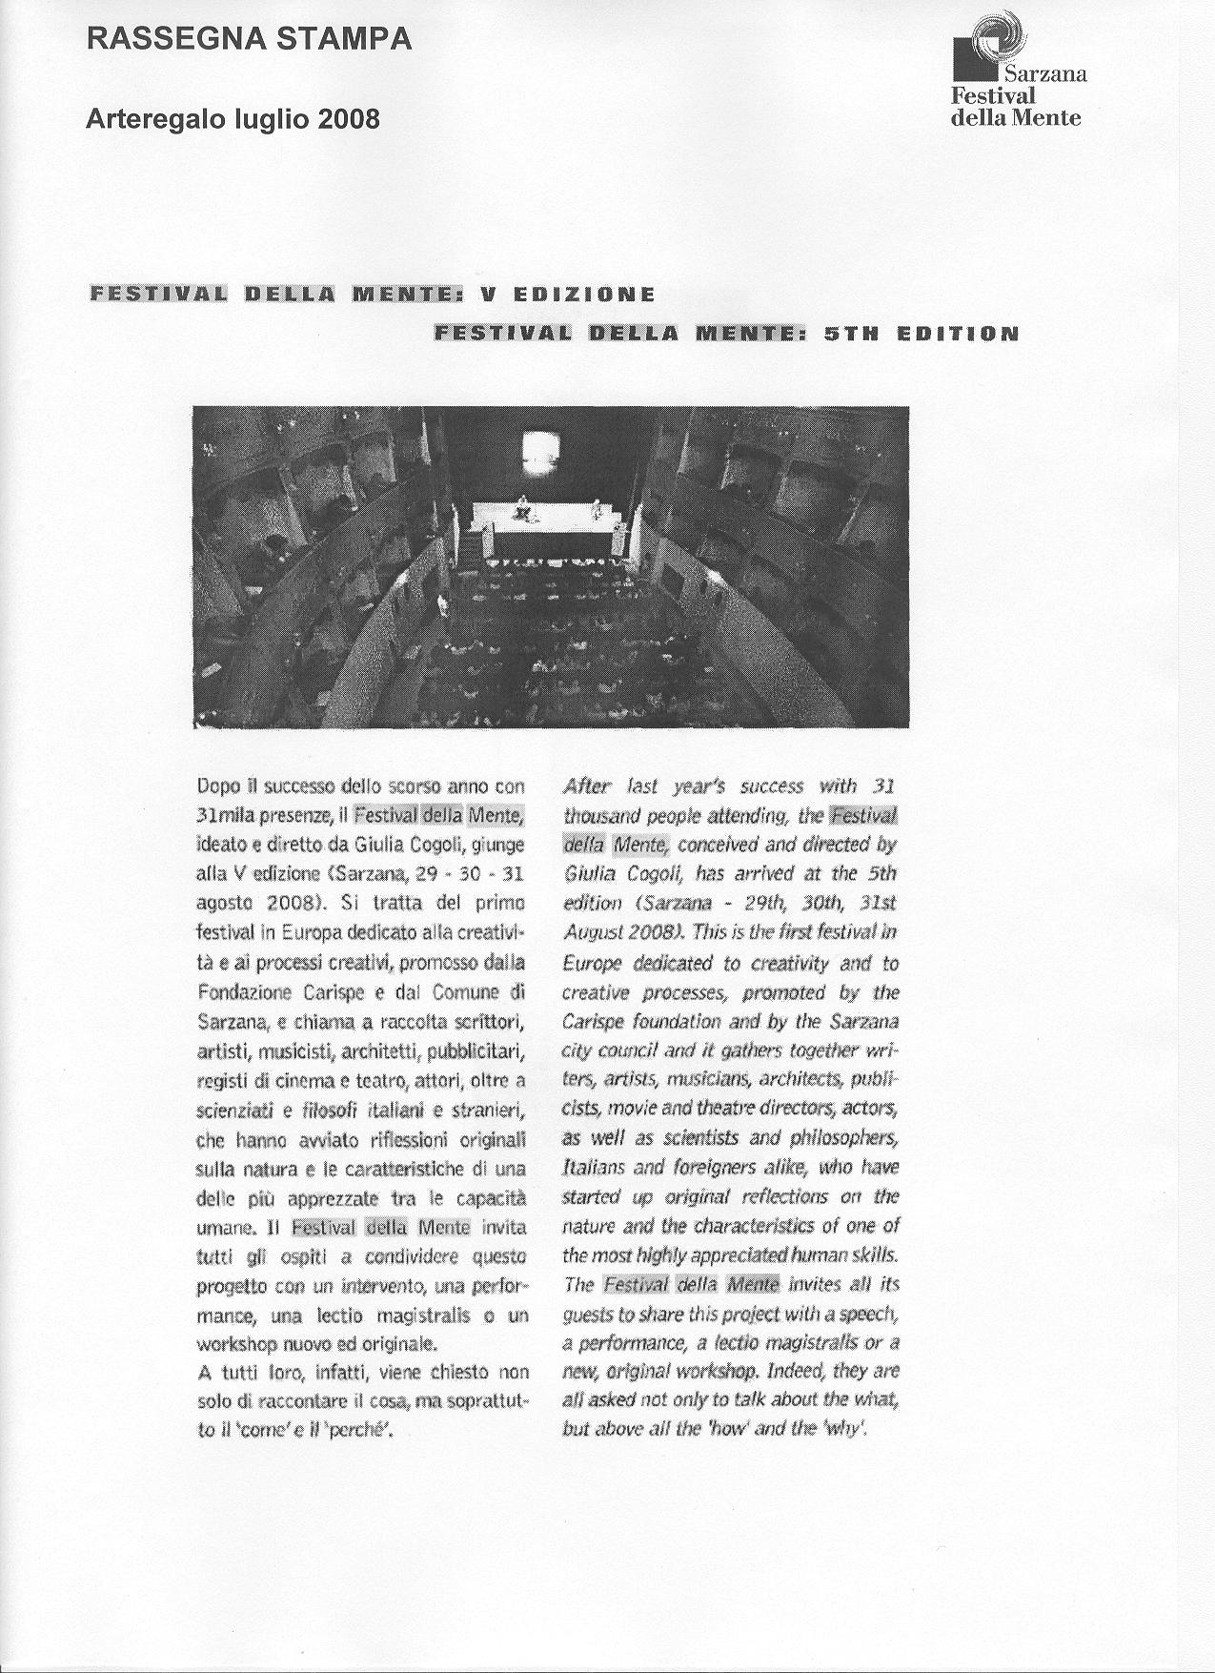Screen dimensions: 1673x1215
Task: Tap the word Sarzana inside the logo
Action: point(1043,73)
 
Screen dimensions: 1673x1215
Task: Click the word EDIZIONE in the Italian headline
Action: point(583,294)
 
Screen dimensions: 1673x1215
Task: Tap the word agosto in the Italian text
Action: point(223,903)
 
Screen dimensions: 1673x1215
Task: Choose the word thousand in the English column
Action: point(601,816)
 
